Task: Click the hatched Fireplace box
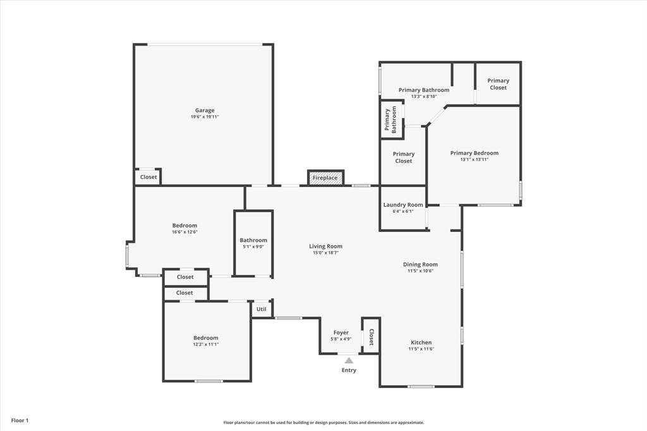(325, 178)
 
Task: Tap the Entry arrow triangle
(349, 360)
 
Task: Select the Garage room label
(204, 110)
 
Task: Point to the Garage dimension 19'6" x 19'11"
(204, 117)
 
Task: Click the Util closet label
(262, 309)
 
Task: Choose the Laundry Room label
(403, 205)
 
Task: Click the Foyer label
(341, 332)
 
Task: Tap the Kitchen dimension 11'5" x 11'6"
(421, 349)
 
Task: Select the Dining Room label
(420, 264)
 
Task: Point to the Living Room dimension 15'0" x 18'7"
(325, 253)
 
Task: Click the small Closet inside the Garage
(148, 177)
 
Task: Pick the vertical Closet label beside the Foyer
(371, 337)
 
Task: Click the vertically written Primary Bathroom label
(390, 119)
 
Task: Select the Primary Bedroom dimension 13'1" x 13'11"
(474, 159)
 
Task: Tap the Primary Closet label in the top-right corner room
(498, 84)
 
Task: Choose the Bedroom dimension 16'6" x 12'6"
(184, 232)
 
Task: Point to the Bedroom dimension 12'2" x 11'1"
(205, 344)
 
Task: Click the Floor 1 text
(20, 420)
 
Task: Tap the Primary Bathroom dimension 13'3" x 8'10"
(423, 97)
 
